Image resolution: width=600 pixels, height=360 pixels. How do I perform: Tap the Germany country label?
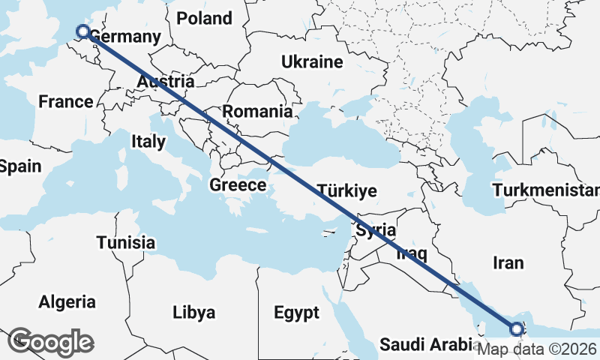(x=125, y=37)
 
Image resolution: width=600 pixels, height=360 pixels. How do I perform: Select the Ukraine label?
(x=311, y=62)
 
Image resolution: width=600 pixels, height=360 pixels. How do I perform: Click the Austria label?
(x=166, y=82)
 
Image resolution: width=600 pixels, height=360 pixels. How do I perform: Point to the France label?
(x=66, y=102)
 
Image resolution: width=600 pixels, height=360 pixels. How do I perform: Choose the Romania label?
(x=257, y=112)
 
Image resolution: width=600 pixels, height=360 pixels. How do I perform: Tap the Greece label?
(x=238, y=184)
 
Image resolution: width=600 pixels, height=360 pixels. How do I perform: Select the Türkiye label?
(x=346, y=190)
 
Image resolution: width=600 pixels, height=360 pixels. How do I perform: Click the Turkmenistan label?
(x=546, y=190)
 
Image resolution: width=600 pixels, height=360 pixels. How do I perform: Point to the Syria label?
(x=376, y=231)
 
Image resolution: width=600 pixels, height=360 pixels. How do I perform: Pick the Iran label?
(x=508, y=262)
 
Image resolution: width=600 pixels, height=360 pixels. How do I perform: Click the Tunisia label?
(x=126, y=242)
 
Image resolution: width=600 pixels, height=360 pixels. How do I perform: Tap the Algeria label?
(x=67, y=302)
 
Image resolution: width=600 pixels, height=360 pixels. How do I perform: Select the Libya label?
(x=194, y=312)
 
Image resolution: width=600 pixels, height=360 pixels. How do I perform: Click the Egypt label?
(x=296, y=312)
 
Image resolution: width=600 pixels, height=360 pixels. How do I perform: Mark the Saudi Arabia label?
(x=424, y=345)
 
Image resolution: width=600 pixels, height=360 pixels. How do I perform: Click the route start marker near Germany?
(x=83, y=31)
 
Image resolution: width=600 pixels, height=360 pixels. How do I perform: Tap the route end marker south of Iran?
(x=517, y=328)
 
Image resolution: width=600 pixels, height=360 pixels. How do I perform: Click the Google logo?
(x=50, y=341)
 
